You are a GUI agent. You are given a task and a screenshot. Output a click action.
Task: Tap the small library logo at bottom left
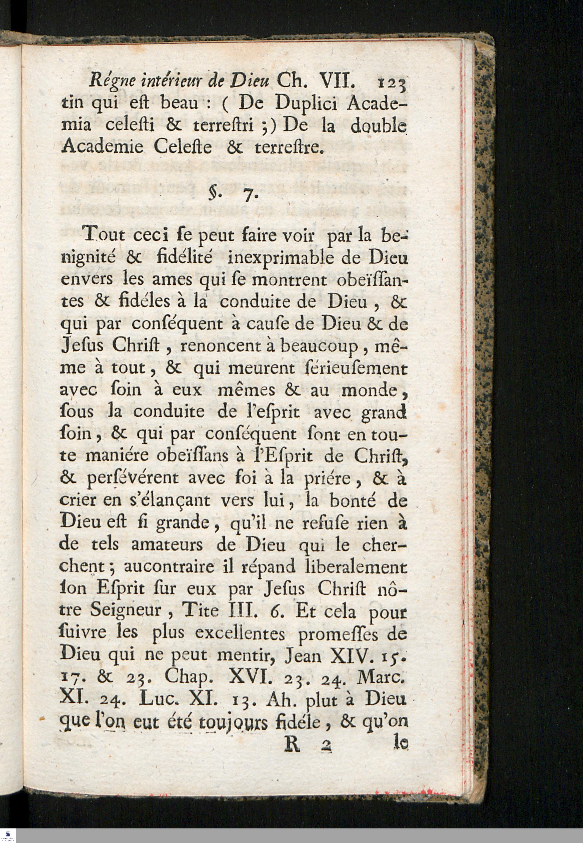tap(8, 835)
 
